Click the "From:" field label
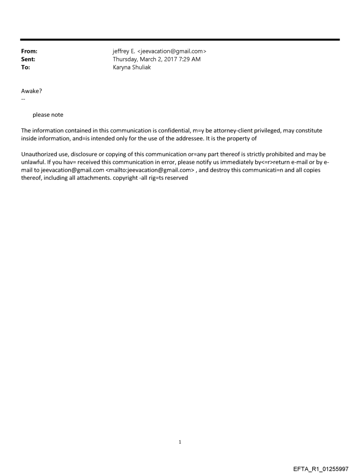29,51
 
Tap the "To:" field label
26,67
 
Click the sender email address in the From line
170,51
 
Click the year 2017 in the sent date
165,59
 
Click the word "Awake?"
32,91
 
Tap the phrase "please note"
48,115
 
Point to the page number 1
180,442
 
